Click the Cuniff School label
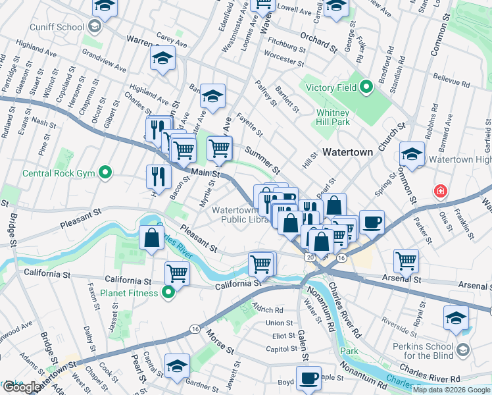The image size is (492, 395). pyautogui.click(x=56, y=27)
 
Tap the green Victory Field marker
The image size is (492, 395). pyautogui.click(x=366, y=87)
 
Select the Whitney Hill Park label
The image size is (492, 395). pyautogui.click(x=332, y=117)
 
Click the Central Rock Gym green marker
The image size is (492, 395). pyautogui.click(x=105, y=174)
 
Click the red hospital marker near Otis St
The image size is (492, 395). pyautogui.click(x=439, y=192)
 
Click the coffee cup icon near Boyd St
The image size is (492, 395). pyautogui.click(x=308, y=378)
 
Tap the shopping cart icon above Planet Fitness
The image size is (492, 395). pyautogui.click(x=177, y=273)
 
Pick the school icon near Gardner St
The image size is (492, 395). pyautogui.click(x=177, y=365)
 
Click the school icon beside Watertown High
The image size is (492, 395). pyautogui.click(x=412, y=155)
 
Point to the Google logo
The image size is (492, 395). pyautogui.click(x=21, y=388)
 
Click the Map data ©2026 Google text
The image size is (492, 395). pyautogui.click(x=452, y=390)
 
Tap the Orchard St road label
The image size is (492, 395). pyautogui.click(x=318, y=42)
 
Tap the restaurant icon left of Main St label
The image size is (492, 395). pyautogui.click(x=159, y=176)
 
